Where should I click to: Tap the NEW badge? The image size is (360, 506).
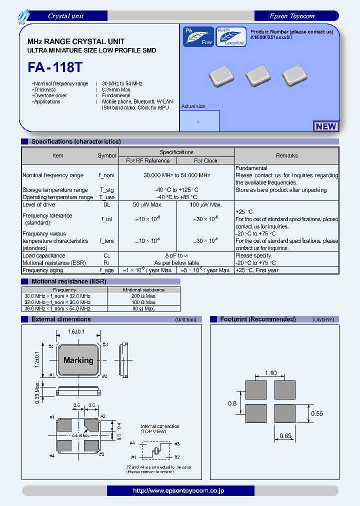point(326,126)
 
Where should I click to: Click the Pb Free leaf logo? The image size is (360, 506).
point(198,36)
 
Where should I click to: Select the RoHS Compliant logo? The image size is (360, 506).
point(231,36)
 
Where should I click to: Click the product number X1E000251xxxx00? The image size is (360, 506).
point(271,38)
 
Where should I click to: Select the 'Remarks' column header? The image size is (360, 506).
point(286,155)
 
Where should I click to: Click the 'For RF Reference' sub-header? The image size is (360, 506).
point(148,161)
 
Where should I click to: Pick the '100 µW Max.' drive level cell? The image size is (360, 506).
point(205,204)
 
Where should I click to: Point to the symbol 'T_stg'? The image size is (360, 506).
point(106,190)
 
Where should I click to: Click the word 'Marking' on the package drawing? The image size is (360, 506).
point(78,360)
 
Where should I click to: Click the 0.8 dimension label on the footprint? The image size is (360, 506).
point(233,402)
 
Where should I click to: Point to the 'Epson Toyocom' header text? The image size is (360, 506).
point(291,16)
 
